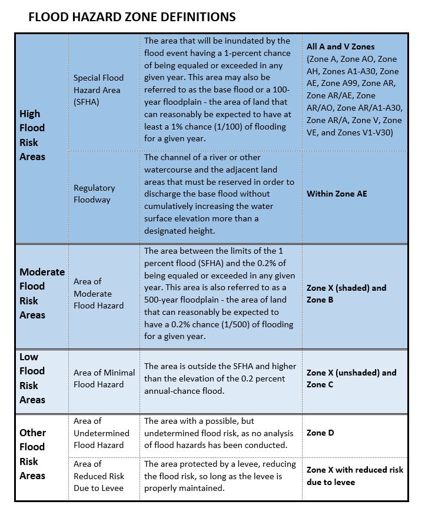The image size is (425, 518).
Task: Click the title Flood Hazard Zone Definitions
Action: coord(132,17)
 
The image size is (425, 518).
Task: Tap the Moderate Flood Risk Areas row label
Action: coord(42,293)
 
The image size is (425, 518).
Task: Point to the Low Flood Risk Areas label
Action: coord(32,378)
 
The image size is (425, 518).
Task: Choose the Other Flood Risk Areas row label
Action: coord(33,454)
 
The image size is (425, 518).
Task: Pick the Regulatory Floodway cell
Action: coord(94,194)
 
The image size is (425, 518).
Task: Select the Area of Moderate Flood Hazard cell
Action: coord(98,294)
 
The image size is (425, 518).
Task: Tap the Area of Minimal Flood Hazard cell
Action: coord(104,378)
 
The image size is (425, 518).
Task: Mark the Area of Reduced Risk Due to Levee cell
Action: coord(99,476)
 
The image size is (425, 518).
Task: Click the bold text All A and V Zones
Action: coord(340,47)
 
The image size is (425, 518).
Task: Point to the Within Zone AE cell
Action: coord(337,194)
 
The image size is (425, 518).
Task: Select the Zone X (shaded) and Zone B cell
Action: coord(346,294)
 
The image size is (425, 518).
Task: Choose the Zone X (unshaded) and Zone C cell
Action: coord(351,378)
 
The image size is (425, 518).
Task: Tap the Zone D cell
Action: coord(320,433)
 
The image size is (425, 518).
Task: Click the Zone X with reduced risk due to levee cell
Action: coord(355,476)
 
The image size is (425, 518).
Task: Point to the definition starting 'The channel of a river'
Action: coord(219,194)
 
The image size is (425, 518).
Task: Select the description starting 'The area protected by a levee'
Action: coord(217,476)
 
